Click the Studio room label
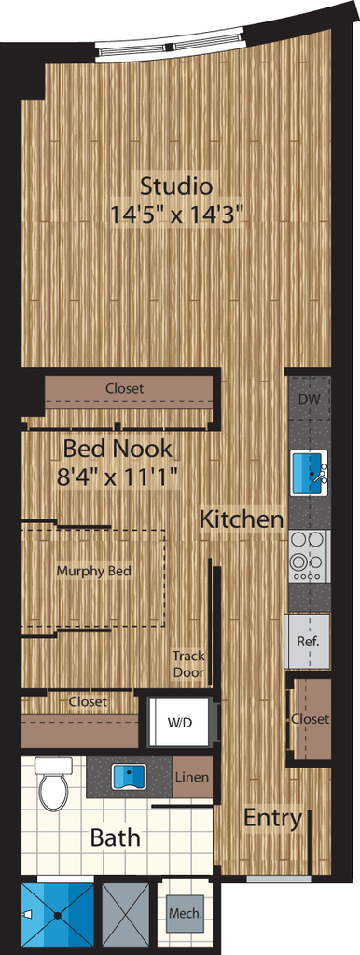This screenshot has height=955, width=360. pyautogui.click(x=176, y=186)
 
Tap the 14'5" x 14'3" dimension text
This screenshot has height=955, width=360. pyautogui.click(x=177, y=214)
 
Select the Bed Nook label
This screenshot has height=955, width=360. pyautogui.click(x=118, y=449)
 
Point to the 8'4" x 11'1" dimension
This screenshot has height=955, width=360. pyautogui.click(x=118, y=477)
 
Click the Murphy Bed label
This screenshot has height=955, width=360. pyautogui.click(x=94, y=572)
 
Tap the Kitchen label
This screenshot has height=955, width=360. pyautogui.click(x=242, y=519)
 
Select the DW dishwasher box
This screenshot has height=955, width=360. pyautogui.click(x=310, y=399)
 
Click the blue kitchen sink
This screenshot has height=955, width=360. pyautogui.click(x=311, y=473)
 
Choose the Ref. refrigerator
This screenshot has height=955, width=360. pyautogui.click(x=308, y=642)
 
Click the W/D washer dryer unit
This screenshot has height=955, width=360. pyautogui.click(x=181, y=723)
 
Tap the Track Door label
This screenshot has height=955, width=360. pyautogui.click(x=188, y=664)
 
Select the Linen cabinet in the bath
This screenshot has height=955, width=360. pyautogui.click(x=192, y=777)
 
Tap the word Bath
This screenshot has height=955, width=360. pyautogui.click(x=115, y=837)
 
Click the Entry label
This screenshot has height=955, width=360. pyautogui.click(x=273, y=818)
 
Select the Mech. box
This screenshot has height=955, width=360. pyautogui.click(x=186, y=914)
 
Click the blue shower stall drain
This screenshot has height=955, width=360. pyautogui.click(x=58, y=914)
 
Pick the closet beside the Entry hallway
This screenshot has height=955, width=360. pyautogui.click(x=311, y=719)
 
